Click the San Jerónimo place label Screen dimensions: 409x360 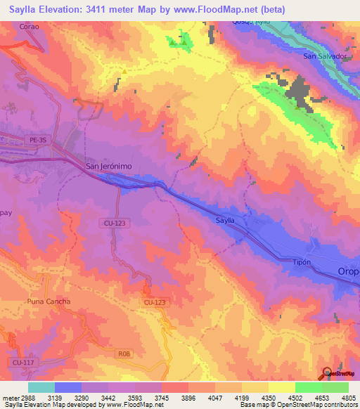pos(108,166)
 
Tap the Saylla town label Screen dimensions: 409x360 pos(225,220)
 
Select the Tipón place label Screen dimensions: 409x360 pos(301,261)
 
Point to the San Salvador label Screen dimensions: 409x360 pos(325,56)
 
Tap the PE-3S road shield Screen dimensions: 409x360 pos(39,140)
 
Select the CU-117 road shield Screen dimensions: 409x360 pos(21,362)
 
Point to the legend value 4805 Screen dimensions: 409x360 pos(349,397)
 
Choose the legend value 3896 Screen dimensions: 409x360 pos(188,397)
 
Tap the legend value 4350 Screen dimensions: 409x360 pos(269,397)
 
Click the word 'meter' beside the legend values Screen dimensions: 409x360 pos(10,397)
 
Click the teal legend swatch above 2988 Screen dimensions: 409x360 pos(41,387)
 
